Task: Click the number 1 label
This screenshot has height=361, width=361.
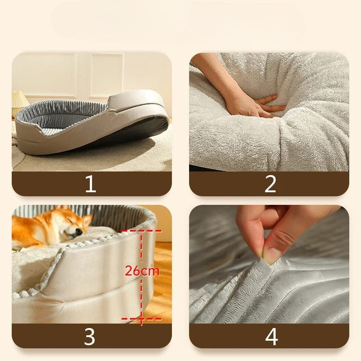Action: click(x=91, y=184)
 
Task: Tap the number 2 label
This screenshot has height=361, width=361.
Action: click(x=270, y=184)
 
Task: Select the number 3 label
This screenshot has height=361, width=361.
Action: click(x=89, y=337)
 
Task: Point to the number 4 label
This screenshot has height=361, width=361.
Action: click(x=272, y=337)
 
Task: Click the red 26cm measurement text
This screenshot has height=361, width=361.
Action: click(x=142, y=271)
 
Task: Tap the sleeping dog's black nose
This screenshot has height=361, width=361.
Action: click(x=79, y=231)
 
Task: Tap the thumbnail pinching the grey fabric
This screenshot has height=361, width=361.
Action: click(x=272, y=255)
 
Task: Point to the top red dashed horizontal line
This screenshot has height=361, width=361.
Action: click(x=141, y=231)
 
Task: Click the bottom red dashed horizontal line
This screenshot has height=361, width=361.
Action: click(x=141, y=319)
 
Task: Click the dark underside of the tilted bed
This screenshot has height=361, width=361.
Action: click(x=129, y=131)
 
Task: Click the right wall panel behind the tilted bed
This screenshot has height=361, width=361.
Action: click(x=107, y=75)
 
